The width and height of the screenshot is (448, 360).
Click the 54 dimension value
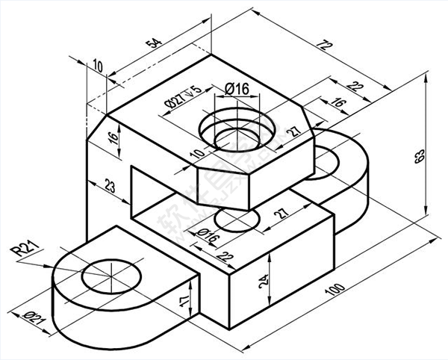(154, 43)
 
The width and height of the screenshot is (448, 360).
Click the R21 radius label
(24, 249)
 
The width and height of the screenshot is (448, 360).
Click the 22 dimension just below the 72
(356, 88)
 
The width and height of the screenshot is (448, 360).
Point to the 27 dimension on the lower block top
(281, 214)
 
